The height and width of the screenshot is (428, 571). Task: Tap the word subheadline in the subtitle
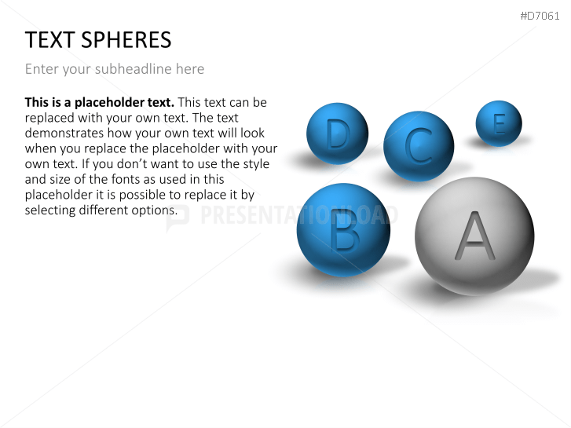tap(134, 69)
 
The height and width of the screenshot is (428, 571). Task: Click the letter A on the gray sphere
tap(475, 236)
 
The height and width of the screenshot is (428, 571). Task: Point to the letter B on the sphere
tap(342, 230)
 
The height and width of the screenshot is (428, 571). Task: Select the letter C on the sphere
tap(419, 145)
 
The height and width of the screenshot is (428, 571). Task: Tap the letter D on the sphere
tap(337, 134)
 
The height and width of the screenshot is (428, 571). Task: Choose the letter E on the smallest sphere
tap(499, 123)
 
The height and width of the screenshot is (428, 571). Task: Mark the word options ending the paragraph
tap(154, 210)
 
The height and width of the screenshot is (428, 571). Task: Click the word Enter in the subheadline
tap(41, 69)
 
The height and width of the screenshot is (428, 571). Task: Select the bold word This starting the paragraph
tap(38, 102)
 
